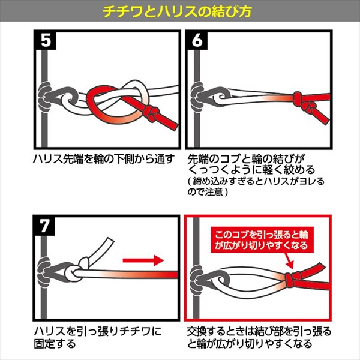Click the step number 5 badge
pyautogui.click(x=46, y=40)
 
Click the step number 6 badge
pyautogui.click(x=197, y=40)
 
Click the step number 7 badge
pyautogui.click(x=44, y=226)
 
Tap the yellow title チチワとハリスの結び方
pyautogui.click(x=177, y=11)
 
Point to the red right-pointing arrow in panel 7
pyautogui.click(x=143, y=260)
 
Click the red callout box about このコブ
pyautogui.click(x=261, y=240)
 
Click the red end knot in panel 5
pyautogui.click(x=151, y=113)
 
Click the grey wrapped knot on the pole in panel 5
pyautogui.click(x=45, y=97)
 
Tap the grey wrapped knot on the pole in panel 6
pyautogui.click(x=197, y=97)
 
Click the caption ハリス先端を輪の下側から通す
pyautogui.click(x=104, y=159)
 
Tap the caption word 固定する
pyautogui.click(x=55, y=344)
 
